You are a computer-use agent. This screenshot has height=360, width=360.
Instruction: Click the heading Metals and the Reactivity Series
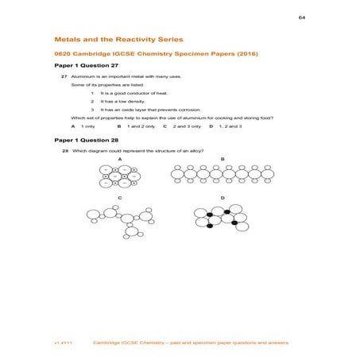118,38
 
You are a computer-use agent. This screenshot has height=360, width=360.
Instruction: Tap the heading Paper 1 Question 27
86,65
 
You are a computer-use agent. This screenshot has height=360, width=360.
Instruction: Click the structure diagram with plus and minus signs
119,176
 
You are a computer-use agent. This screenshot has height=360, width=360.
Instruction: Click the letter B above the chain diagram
222,159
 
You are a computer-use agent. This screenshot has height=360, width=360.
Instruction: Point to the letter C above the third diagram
119,197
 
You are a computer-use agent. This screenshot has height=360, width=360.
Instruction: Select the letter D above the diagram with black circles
222,197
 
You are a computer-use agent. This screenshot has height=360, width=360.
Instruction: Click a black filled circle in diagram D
210,215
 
